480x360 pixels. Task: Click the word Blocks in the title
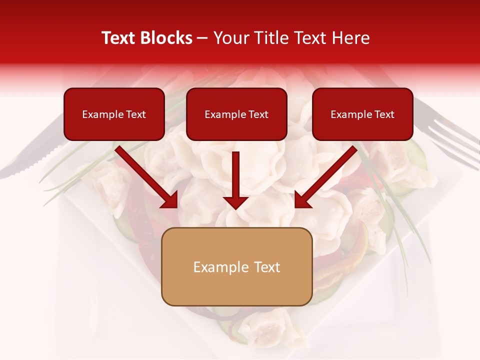tap(167, 38)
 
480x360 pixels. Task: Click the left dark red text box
tap(114, 114)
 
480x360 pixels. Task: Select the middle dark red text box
tap(236, 114)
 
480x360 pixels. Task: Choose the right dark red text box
tap(362, 114)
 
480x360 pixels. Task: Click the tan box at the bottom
tap(236, 266)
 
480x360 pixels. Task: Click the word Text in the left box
tap(135, 114)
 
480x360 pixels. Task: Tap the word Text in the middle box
tap(258, 114)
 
